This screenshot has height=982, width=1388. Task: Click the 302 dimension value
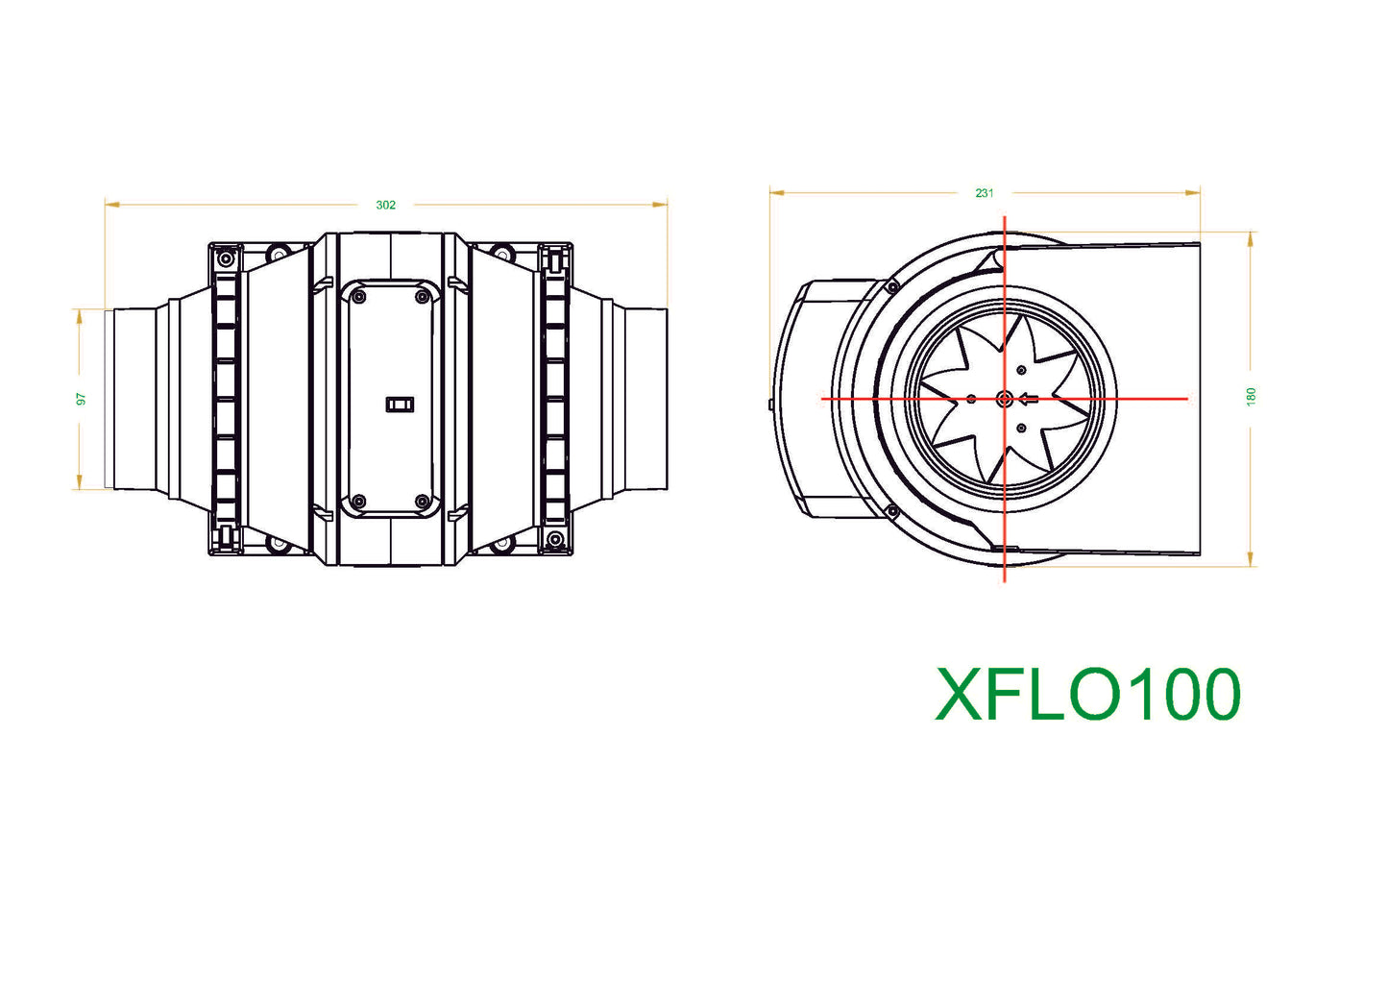pos(385,205)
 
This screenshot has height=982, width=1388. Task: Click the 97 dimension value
pos(82,398)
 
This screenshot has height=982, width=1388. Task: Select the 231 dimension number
pos(984,193)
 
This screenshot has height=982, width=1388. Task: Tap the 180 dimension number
pos(1251,396)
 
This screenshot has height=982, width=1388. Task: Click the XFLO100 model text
pos(1087,694)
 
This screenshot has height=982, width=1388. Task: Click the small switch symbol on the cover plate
pos(400,405)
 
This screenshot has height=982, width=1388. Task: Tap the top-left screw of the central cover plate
pos(359,297)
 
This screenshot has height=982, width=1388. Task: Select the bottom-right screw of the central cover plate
pos(422,501)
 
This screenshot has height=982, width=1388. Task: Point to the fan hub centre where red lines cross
pos(1005,398)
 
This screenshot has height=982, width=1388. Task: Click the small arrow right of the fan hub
pos(1029,398)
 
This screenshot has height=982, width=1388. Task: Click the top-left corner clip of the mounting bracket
pos(226,258)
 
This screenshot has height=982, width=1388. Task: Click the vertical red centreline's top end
pos(1005,218)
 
